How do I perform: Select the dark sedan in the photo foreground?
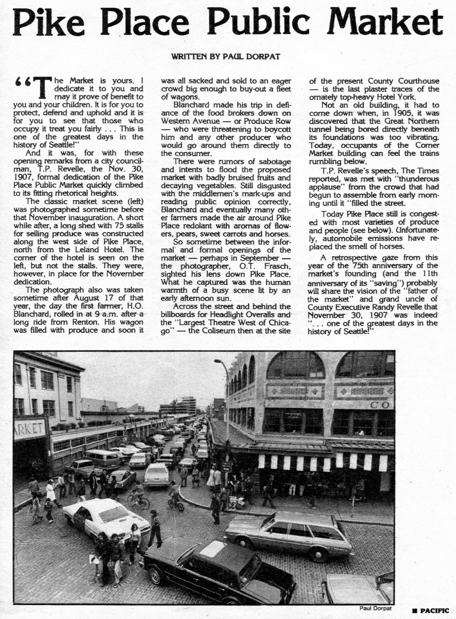(218, 572)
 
